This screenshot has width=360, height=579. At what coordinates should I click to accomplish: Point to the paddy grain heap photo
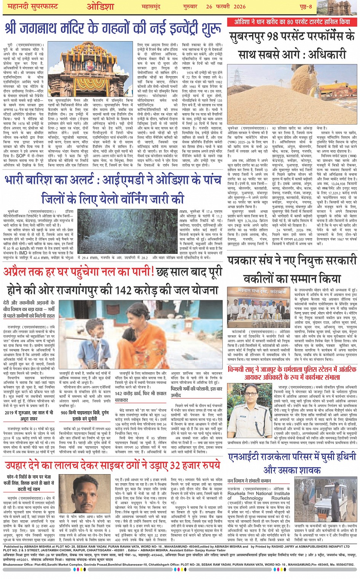coord(292,92)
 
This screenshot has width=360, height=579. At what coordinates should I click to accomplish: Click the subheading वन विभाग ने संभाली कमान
coord(249,481)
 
